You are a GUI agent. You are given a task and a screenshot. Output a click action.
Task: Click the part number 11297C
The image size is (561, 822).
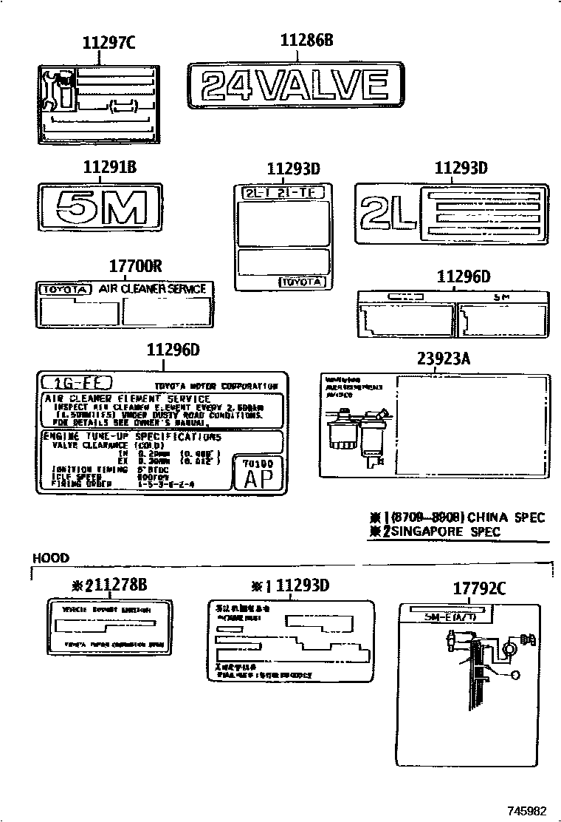(109, 44)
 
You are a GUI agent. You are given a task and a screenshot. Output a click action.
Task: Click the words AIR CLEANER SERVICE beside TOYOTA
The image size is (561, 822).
(153, 289)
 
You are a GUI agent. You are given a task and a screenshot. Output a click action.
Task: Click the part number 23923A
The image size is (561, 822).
(444, 360)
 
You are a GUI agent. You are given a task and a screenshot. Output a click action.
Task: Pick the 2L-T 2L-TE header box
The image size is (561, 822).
(283, 193)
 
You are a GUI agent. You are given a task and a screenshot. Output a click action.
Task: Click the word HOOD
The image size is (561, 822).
(51, 558)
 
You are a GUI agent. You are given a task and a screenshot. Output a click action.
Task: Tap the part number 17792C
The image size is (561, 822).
(479, 588)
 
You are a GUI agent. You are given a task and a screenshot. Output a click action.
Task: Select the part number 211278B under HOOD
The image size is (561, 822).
(110, 585)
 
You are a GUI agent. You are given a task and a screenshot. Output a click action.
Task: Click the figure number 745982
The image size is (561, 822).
(526, 810)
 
